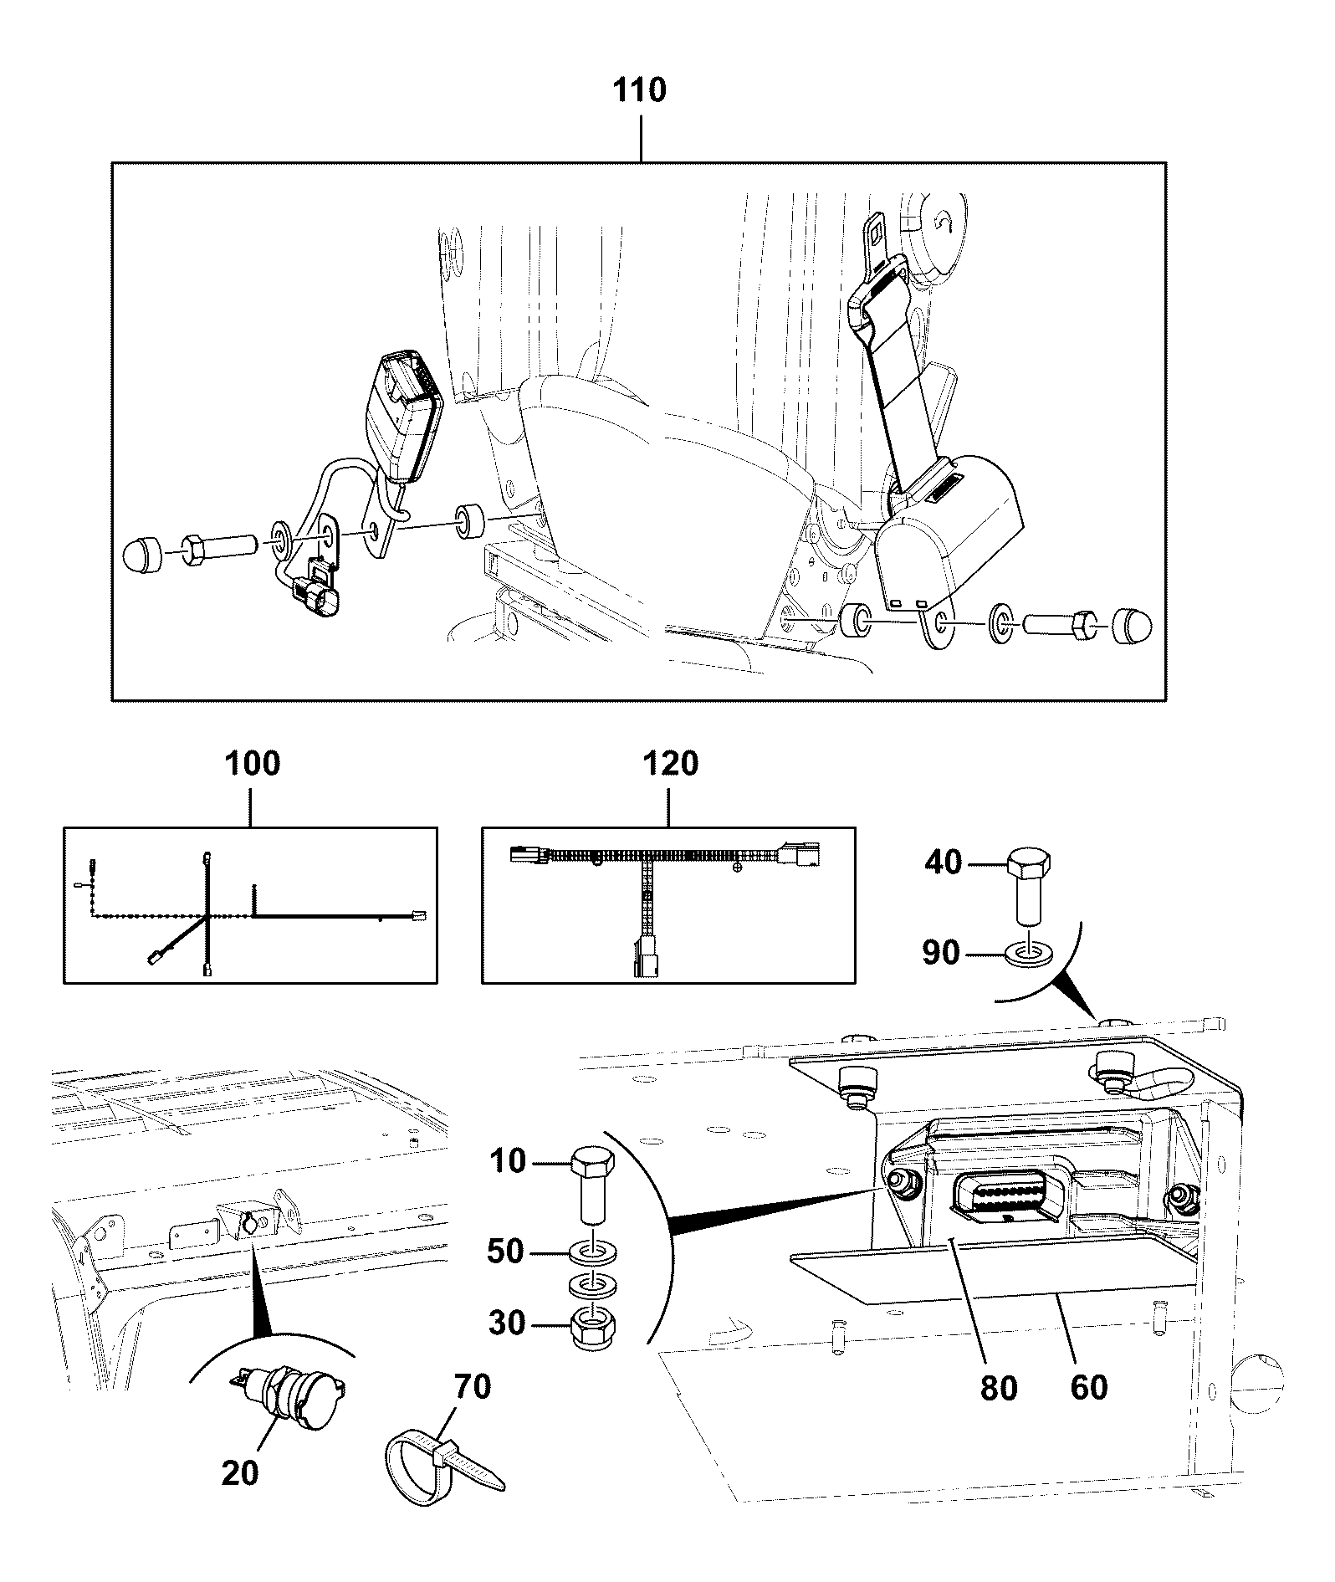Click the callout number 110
640,90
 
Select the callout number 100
253,764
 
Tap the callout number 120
669,764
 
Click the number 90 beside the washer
940,952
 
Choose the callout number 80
998,1387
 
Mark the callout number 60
1088,1387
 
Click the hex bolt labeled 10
593,1189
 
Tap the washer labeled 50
593,1253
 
